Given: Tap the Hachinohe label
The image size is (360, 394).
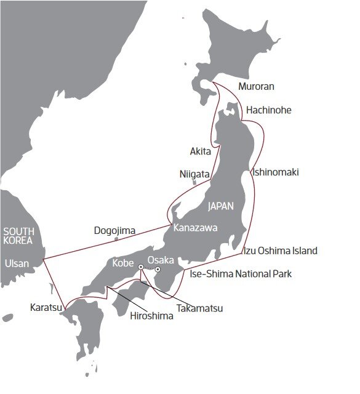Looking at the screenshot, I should [x=268, y=110].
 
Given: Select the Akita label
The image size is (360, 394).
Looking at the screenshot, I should [x=201, y=151].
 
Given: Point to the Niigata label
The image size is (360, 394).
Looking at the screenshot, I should [x=194, y=174].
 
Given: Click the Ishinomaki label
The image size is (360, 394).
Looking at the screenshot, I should [x=275, y=172].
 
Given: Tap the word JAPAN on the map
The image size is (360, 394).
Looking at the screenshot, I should [x=221, y=206].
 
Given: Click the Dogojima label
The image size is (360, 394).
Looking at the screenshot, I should [x=114, y=231].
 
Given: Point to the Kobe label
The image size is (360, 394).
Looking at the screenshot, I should [x=124, y=264].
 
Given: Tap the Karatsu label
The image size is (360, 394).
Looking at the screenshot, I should [x=45, y=307].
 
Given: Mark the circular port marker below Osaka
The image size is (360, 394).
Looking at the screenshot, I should [x=158, y=270].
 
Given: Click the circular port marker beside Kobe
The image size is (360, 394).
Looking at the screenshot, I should [x=141, y=267].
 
